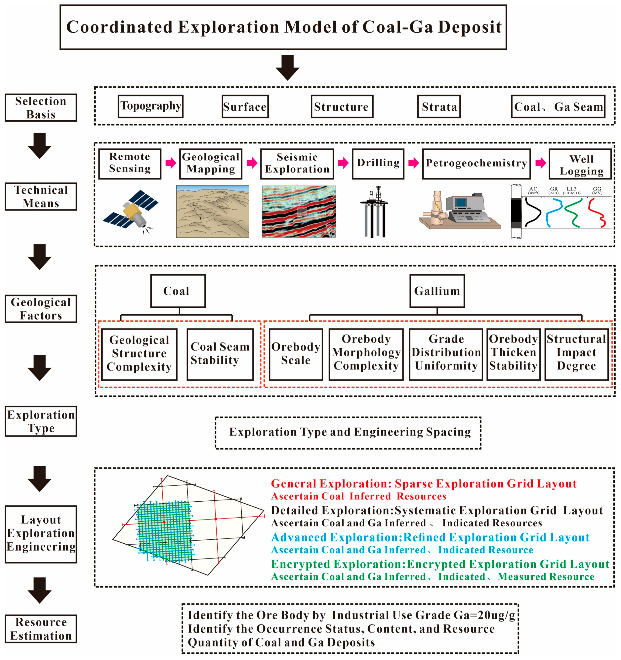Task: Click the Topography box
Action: pos(150,106)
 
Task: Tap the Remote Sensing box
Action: pos(130,164)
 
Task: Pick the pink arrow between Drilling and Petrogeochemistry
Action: pos(413,163)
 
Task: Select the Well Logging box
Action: pos(580,164)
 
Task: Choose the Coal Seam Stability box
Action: pos(220,354)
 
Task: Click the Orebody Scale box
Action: pos(296,354)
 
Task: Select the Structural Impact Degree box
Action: pos(576,354)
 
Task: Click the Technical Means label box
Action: pos(41,197)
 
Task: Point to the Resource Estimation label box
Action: pos(41,628)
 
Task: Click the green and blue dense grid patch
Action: pos(164,531)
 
